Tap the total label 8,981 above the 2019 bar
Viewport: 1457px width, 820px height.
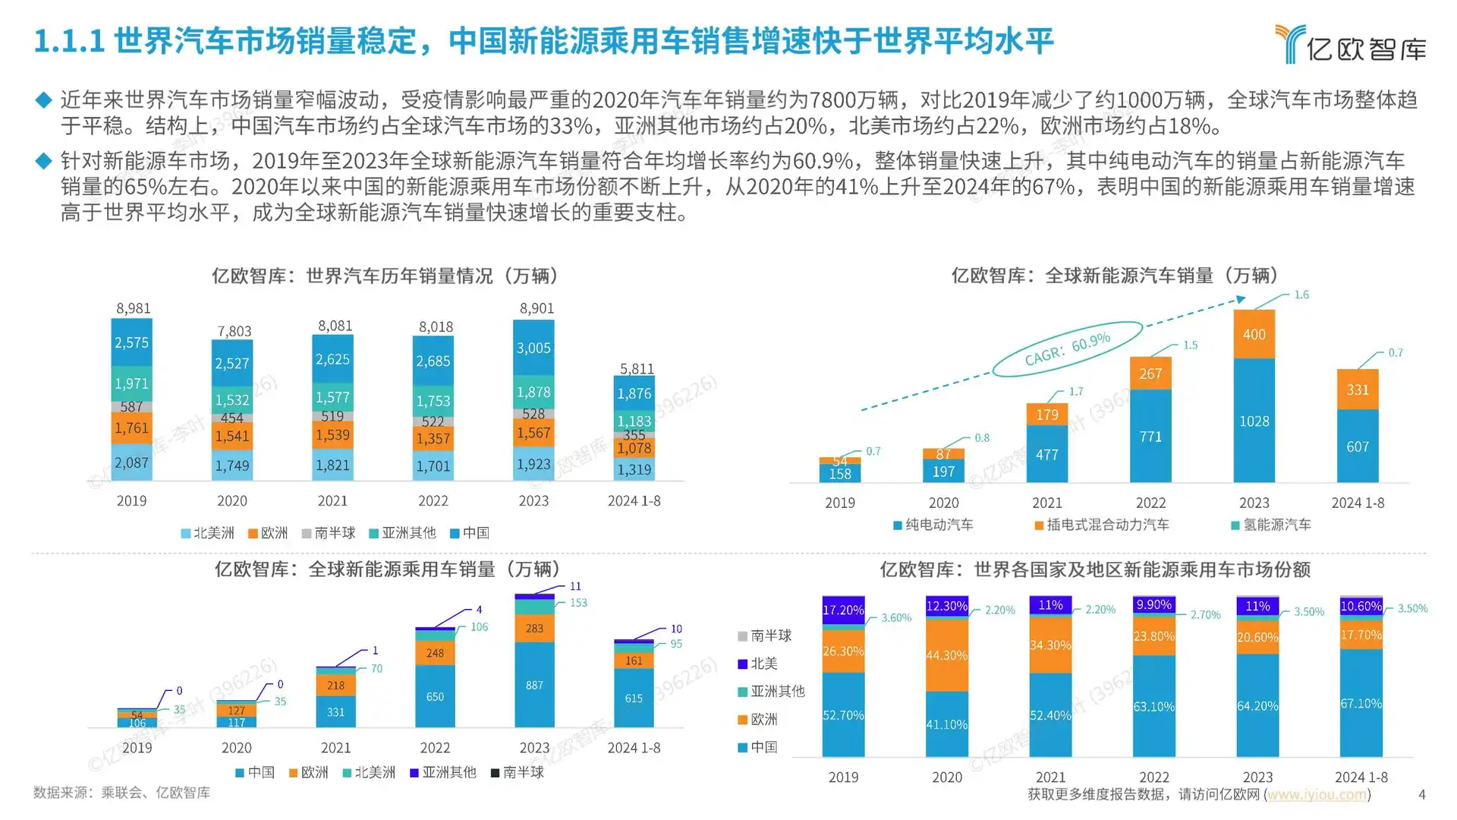[x=134, y=308]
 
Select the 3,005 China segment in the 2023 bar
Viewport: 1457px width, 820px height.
[x=533, y=348]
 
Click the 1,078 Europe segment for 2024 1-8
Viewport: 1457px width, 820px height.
[x=634, y=449]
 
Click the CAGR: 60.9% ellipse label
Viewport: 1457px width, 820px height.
[x=1067, y=348]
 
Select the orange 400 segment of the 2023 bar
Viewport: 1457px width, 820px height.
[x=1254, y=335]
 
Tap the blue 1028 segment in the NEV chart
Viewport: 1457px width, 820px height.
[x=1254, y=421]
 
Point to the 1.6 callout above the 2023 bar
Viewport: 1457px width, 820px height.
[x=1301, y=295]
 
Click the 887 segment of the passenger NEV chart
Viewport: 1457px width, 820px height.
[x=534, y=686]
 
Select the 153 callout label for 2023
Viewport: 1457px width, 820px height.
[x=578, y=603]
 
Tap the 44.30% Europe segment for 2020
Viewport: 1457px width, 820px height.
[x=946, y=655]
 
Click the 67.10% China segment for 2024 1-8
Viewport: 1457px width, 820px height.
[x=1361, y=704]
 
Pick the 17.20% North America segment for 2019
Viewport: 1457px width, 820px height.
[x=843, y=610]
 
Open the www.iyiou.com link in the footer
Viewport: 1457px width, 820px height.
[x=1317, y=794]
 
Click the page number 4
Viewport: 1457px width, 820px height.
[x=1421, y=794]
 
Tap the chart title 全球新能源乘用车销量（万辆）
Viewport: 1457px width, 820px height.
[x=388, y=569]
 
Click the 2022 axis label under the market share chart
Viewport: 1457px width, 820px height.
[x=1153, y=777]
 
